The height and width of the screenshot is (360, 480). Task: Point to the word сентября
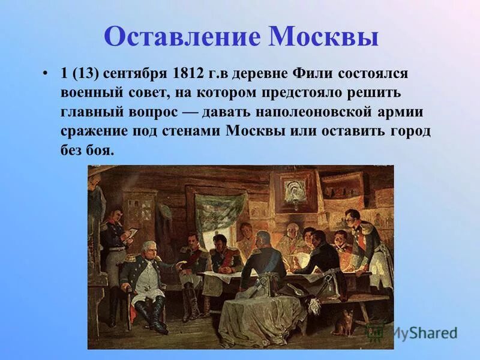point(136,74)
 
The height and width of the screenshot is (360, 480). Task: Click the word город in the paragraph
point(407,131)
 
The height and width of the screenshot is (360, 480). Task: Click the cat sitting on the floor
point(344,323)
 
